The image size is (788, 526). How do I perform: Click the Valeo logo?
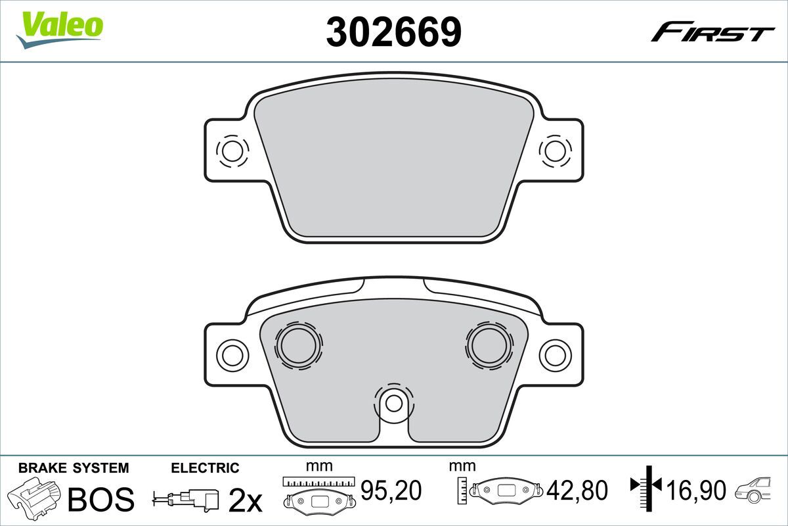click(x=60, y=30)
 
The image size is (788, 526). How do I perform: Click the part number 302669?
click(x=393, y=32)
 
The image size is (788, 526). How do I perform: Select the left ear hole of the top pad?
click(x=232, y=151)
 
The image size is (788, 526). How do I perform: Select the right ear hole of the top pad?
click(x=555, y=151)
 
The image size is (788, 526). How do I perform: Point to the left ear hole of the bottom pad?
click(x=232, y=356)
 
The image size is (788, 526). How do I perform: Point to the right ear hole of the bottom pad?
click(x=555, y=356)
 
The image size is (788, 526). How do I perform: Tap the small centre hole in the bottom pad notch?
click(x=393, y=404)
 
